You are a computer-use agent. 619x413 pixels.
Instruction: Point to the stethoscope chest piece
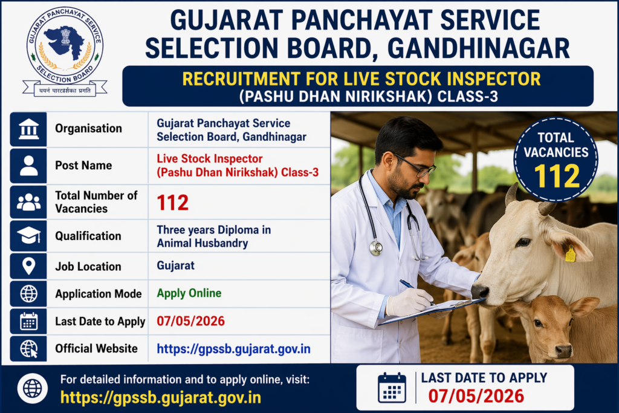(376, 247)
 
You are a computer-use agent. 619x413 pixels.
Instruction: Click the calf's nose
(563, 350)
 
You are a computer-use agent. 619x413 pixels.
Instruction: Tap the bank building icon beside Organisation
(28, 129)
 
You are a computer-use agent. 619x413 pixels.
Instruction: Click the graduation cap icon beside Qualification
(28, 236)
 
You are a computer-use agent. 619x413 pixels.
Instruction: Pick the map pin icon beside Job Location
(28, 266)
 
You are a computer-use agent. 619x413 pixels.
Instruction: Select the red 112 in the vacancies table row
(173, 203)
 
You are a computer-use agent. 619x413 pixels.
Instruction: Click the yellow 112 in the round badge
(557, 177)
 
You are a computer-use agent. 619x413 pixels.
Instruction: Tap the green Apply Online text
(189, 294)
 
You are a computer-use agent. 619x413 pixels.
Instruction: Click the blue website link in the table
(233, 349)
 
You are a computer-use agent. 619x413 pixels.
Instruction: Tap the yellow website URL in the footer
(161, 397)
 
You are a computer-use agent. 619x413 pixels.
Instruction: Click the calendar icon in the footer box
(392, 388)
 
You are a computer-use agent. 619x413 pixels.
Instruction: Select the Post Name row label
(83, 165)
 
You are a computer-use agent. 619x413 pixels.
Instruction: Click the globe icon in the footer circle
(33, 388)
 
